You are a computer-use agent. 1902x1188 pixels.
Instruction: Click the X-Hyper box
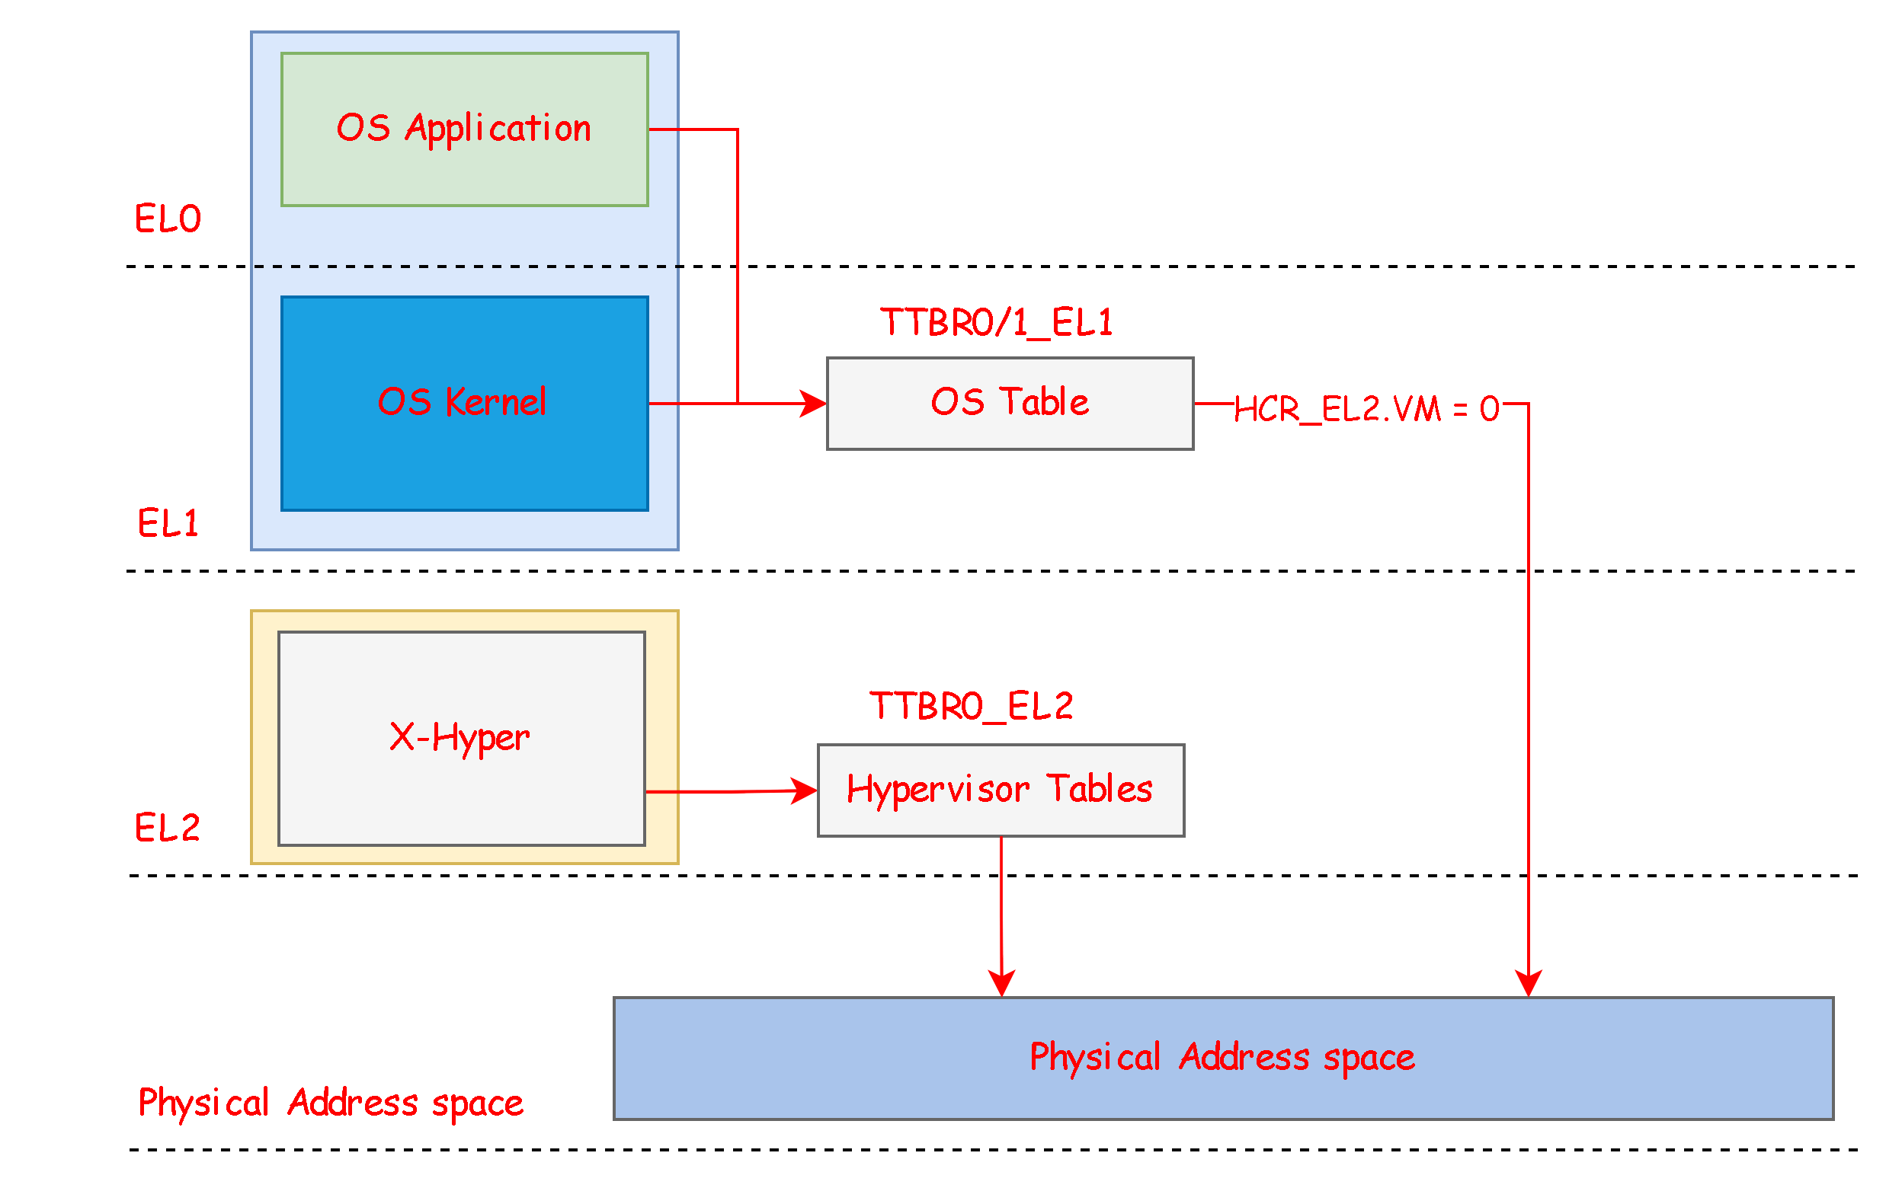[461, 794]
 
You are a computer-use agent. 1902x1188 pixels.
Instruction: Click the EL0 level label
[168, 219]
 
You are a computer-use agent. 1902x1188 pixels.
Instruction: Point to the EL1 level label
[168, 523]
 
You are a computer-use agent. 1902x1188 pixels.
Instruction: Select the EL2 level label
[168, 828]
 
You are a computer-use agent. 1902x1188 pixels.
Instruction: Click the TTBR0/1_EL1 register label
[997, 322]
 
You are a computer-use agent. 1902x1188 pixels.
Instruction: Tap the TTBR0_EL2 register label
[971, 706]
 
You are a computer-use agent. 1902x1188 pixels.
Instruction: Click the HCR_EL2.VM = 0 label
[1368, 407]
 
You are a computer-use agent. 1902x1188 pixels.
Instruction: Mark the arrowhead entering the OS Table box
[815, 403]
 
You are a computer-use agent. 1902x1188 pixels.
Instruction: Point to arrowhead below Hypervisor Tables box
[1001, 982]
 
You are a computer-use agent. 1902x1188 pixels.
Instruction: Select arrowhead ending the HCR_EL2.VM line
[1528, 982]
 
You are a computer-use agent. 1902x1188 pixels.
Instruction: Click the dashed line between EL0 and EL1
[466, 267]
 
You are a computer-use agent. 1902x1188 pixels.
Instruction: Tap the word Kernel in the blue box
[495, 401]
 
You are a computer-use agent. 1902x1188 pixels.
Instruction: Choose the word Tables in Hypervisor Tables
[1100, 788]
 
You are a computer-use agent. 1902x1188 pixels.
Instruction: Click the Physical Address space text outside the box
[330, 1103]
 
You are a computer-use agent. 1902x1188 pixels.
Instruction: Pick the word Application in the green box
[498, 128]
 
